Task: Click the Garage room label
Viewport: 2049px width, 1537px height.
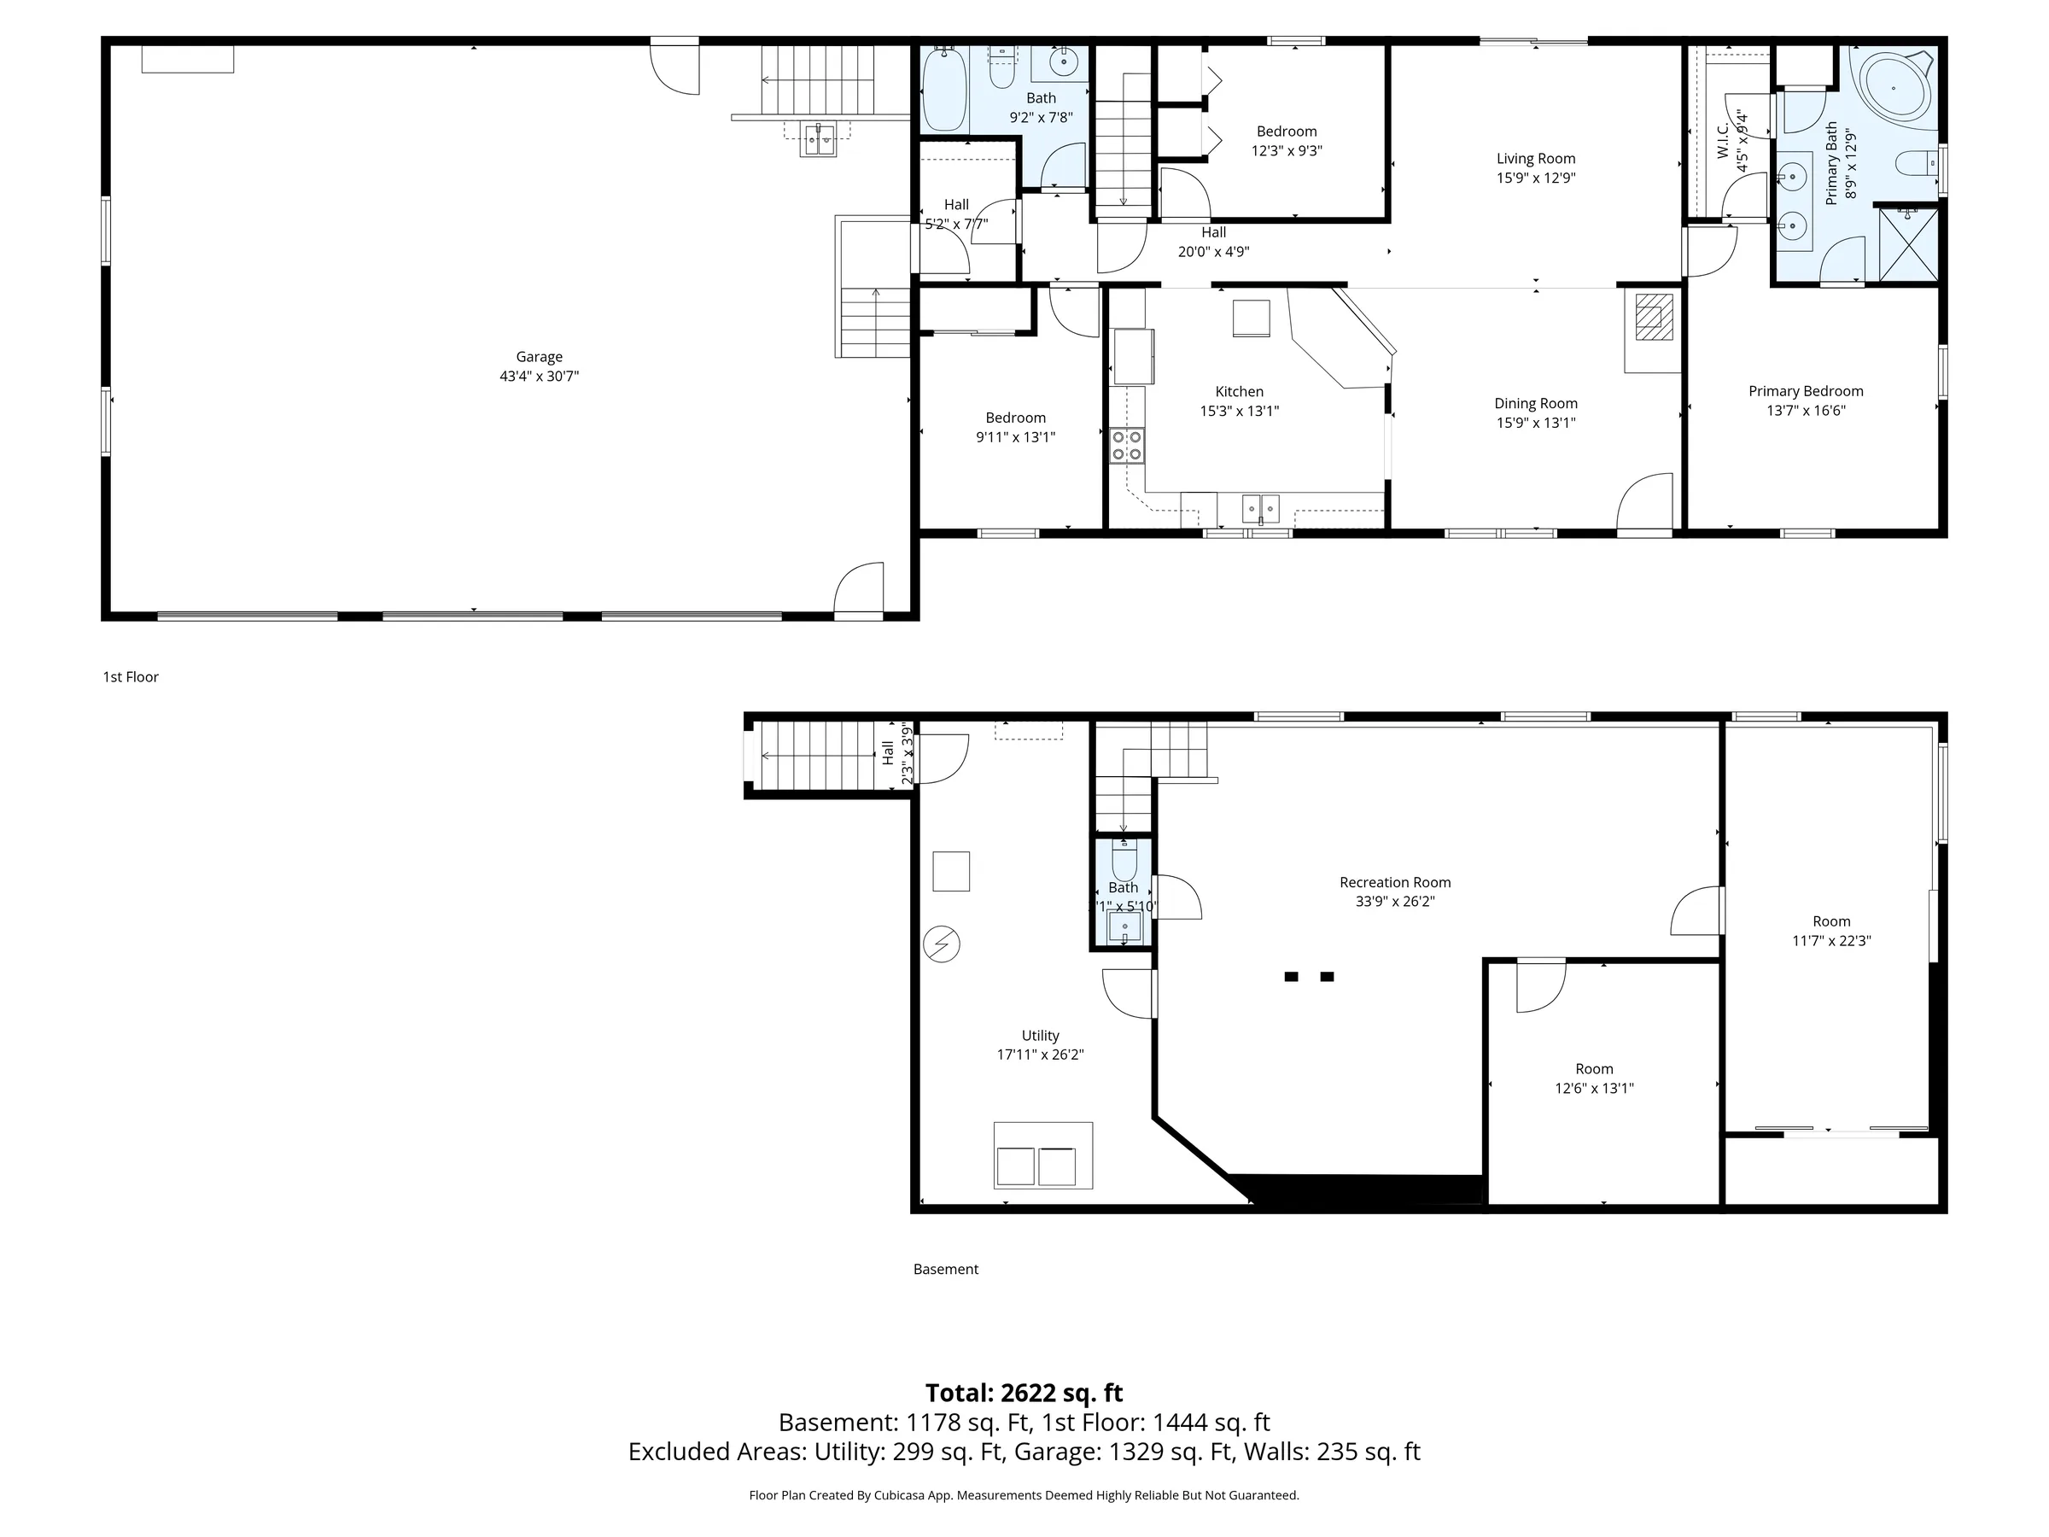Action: click(x=539, y=357)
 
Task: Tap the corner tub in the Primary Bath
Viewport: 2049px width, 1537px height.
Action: click(x=1893, y=89)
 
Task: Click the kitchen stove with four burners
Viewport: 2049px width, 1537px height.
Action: click(x=1127, y=446)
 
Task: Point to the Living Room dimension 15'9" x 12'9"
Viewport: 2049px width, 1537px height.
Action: click(x=1535, y=178)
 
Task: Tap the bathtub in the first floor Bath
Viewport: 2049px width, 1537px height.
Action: click(x=945, y=91)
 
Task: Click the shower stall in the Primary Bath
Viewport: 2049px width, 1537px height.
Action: click(x=1907, y=244)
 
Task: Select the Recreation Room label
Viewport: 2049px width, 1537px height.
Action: click(x=1394, y=882)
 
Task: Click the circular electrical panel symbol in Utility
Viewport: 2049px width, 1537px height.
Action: click(x=941, y=944)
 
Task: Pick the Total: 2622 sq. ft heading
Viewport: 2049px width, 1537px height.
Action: click(x=1024, y=1393)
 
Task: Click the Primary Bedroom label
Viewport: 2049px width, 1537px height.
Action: click(x=1805, y=391)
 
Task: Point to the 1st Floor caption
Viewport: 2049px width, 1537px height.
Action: click(x=131, y=677)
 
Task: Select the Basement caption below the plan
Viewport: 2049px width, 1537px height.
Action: click(x=945, y=1269)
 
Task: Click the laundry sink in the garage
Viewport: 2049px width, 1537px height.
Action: click(x=818, y=141)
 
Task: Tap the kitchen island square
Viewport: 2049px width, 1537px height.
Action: click(x=1251, y=318)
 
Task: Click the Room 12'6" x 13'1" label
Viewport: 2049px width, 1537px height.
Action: click(x=1593, y=1078)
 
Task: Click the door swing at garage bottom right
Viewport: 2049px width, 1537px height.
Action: click(x=861, y=589)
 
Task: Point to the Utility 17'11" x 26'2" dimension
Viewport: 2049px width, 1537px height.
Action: click(x=1039, y=1055)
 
